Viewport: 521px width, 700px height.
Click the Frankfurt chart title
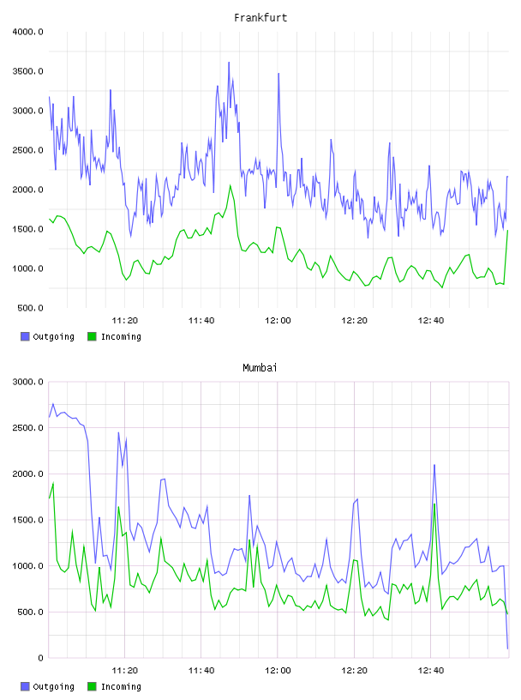tap(260, 17)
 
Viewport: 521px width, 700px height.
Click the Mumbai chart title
tap(260, 367)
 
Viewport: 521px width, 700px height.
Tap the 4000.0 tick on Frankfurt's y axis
tap(27, 32)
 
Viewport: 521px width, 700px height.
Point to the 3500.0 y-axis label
tap(27, 71)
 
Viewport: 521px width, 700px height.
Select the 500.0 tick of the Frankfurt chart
tap(30, 308)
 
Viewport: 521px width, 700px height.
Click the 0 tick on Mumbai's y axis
tap(40, 658)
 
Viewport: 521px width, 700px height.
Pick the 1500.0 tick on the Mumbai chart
tap(27, 520)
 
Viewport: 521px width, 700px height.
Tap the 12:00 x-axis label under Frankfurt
tap(278, 321)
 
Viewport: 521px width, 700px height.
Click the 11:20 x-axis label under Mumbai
tap(124, 671)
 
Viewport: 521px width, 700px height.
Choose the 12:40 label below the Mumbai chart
tap(430, 671)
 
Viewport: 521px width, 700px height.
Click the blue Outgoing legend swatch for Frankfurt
tap(25, 336)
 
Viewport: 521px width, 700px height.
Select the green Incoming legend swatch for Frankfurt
tap(92, 336)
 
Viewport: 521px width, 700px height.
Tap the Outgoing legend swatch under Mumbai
tap(25, 686)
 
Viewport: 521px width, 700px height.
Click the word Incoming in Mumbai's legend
tap(121, 686)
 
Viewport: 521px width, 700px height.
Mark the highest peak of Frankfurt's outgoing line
tap(229, 63)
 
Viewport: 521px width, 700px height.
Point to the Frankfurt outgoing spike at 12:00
tap(278, 74)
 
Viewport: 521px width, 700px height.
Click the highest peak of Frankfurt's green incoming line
tap(231, 185)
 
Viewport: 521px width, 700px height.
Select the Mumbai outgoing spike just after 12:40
tap(434, 465)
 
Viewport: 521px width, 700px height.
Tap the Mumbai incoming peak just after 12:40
tap(434, 504)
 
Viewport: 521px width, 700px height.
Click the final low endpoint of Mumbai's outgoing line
tap(507, 649)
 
